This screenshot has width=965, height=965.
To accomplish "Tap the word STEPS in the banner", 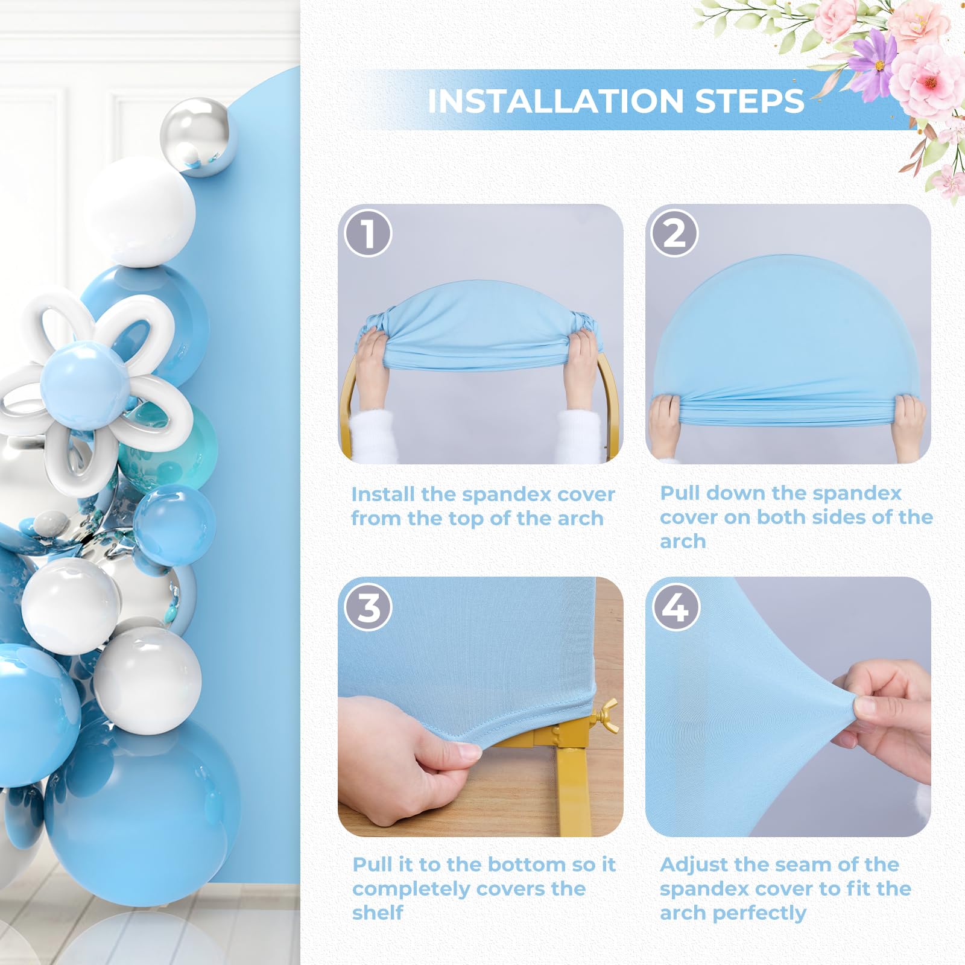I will click(x=749, y=101).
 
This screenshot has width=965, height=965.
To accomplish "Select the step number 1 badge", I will click(x=368, y=233).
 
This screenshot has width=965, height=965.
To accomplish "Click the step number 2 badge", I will click(x=674, y=233).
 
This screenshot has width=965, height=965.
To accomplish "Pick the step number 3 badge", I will click(x=368, y=607).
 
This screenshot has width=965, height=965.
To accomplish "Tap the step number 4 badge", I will click(x=675, y=607).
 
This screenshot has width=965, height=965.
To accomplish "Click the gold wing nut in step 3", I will click(x=605, y=715).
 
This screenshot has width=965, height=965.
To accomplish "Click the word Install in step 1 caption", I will click(x=383, y=495).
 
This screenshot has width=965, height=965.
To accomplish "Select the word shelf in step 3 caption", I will click(x=378, y=913).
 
